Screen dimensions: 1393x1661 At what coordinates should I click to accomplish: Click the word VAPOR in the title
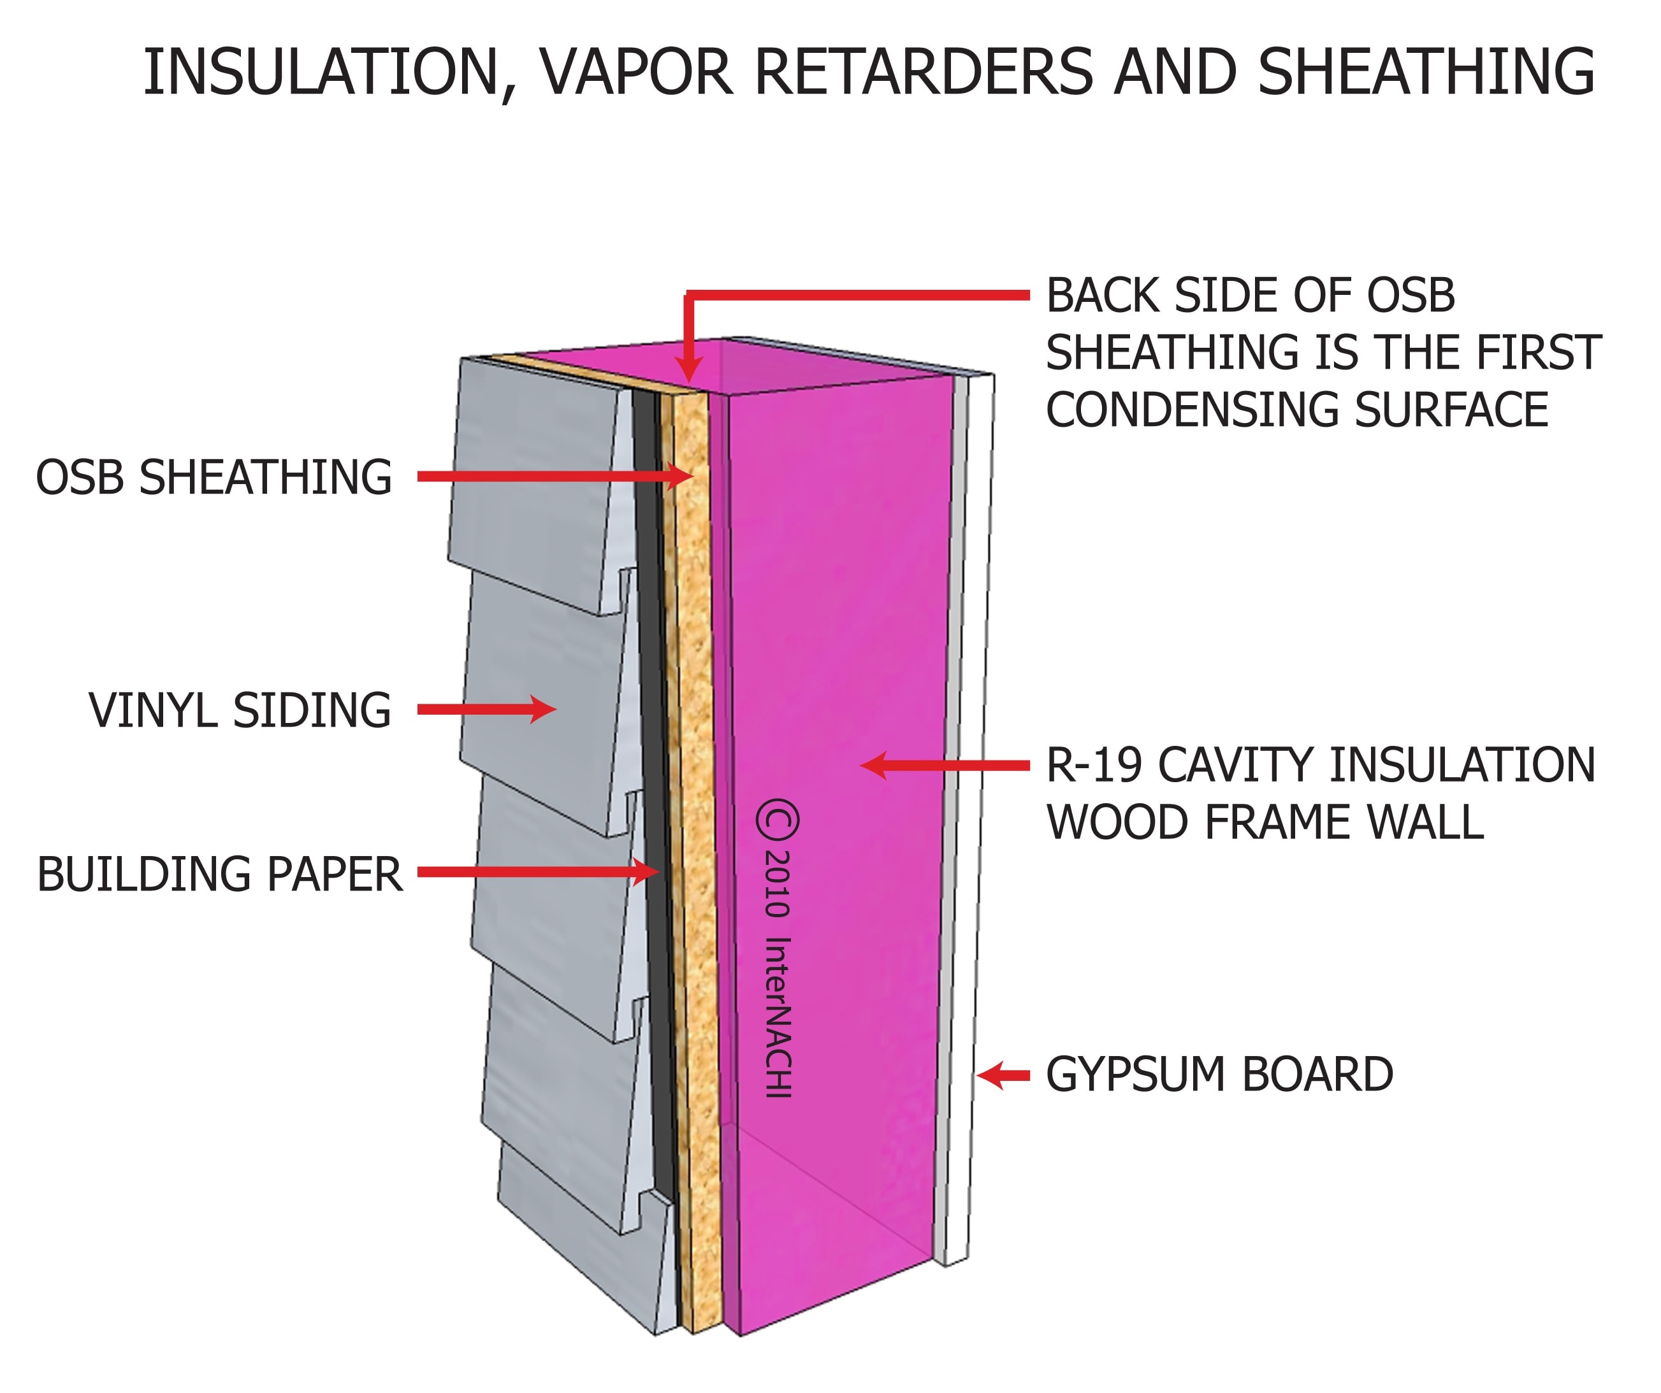pos(637,72)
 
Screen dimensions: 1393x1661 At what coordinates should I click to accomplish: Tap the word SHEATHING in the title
pos(1425,72)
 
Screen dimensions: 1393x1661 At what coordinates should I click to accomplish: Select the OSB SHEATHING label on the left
pos(214,478)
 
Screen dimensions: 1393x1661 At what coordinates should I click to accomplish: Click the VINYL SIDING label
pos(240,710)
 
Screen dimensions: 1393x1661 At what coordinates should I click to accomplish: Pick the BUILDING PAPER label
pos(220,875)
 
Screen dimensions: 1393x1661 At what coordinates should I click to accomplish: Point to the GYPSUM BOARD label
pos(1219,1075)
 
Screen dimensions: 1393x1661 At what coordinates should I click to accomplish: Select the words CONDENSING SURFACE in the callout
pos(1296,410)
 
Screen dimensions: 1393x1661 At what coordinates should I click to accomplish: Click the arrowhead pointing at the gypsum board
pos(989,1075)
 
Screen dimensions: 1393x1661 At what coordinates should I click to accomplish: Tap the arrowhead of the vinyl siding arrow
pos(544,709)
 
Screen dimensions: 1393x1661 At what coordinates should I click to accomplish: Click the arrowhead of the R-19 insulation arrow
pos(873,764)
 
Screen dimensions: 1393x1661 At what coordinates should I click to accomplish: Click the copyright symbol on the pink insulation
pos(778,820)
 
